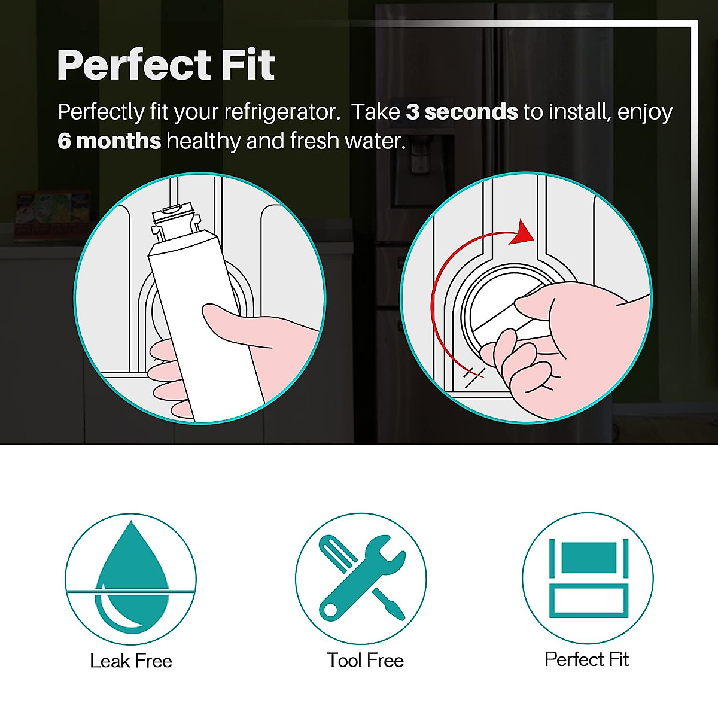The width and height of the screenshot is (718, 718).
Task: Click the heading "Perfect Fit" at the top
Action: click(166, 65)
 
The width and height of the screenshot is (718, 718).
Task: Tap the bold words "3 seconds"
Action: click(461, 112)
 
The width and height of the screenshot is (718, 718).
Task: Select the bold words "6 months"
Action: click(109, 141)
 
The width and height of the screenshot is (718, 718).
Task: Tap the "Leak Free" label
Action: click(131, 661)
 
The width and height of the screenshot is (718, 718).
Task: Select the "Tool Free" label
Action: click(365, 660)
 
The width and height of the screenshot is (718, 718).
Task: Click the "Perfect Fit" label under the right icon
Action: click(586, 659)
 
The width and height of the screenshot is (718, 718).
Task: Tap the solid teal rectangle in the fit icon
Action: click(588, 558)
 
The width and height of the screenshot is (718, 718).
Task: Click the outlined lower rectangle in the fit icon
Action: click(588, 601)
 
